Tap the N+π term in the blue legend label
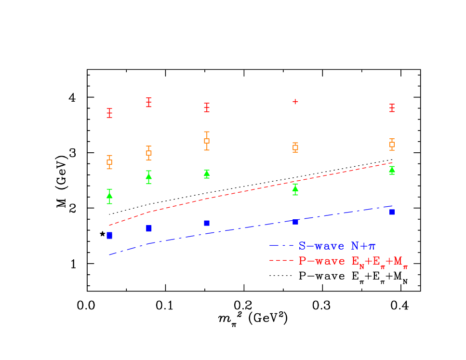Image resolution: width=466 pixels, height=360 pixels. (363, 246)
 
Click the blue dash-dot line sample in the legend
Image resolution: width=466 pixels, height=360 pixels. (281, 246)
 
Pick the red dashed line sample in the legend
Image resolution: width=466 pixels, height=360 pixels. (281, 261)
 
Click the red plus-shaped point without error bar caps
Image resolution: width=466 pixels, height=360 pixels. (295, 102)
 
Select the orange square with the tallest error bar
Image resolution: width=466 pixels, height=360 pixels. (207, 141)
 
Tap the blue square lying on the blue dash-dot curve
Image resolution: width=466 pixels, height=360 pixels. (295, 222)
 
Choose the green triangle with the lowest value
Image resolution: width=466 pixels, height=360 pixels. (109, 196)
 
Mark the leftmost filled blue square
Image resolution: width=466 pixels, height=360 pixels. (109, 235)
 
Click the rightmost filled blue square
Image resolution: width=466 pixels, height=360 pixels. (392, 212)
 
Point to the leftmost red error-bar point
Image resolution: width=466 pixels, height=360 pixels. (109, 113)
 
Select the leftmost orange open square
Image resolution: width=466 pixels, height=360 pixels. (109, 162)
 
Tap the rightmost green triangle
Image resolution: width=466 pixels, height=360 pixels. (392, 170)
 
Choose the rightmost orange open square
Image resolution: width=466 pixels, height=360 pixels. (392, 144)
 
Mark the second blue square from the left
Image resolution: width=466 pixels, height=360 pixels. (149, 228)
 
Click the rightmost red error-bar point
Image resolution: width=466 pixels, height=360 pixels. (392, 108)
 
